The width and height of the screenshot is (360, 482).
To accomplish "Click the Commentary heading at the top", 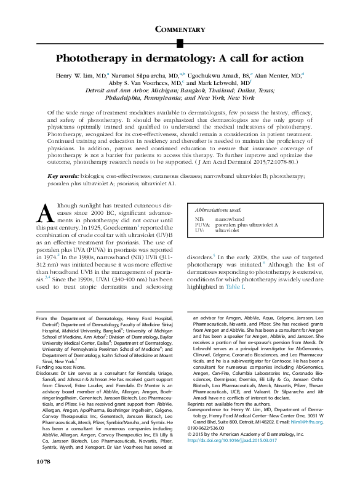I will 180,29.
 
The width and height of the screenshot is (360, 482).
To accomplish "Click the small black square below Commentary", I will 180,42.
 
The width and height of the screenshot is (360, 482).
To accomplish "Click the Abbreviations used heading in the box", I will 217,210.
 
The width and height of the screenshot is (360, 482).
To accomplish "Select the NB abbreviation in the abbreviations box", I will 199,219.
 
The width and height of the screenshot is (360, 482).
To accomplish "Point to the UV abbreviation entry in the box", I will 199,231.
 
